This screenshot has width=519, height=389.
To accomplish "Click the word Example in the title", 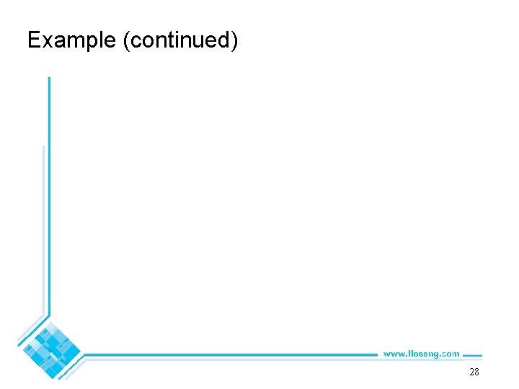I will pyautogui.click(x=71, y=40).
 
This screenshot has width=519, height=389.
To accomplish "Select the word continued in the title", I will pyautogui.click(x=179, y=40).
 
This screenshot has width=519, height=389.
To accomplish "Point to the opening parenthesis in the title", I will pyautogui.click(x=128, y=41).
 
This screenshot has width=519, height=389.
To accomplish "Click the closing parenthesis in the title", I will pyautogui.click(x=234, y=41).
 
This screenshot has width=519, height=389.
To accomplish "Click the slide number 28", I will pyautogui.click(x=474, y=372).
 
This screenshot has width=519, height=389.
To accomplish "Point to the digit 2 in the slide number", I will pyautogui.click(x=471, y=372).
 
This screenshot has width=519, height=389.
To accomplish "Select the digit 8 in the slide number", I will pyautogui.click(x=476, y=372).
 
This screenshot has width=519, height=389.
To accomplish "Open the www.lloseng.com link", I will pyautogui.click(x=421, y=354).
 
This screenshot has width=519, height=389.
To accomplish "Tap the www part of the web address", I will pyautogui.click(x=393, y=354).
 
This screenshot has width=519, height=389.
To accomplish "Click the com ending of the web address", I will pyautogui.click(x=451, y=354).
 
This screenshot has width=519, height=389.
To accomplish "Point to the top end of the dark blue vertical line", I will pyautogui.click(x=49, y=79).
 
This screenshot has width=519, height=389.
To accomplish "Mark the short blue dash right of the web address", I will pyautogui.click(x=472, y=354).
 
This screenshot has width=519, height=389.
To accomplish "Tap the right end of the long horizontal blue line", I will pyautogui.click(x=376, y=354).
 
